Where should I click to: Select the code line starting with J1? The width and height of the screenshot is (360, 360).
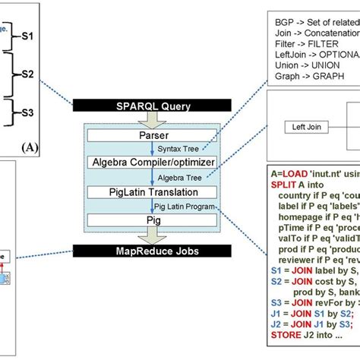point(308,313)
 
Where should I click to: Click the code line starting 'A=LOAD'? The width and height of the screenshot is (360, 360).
point(311,173)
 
